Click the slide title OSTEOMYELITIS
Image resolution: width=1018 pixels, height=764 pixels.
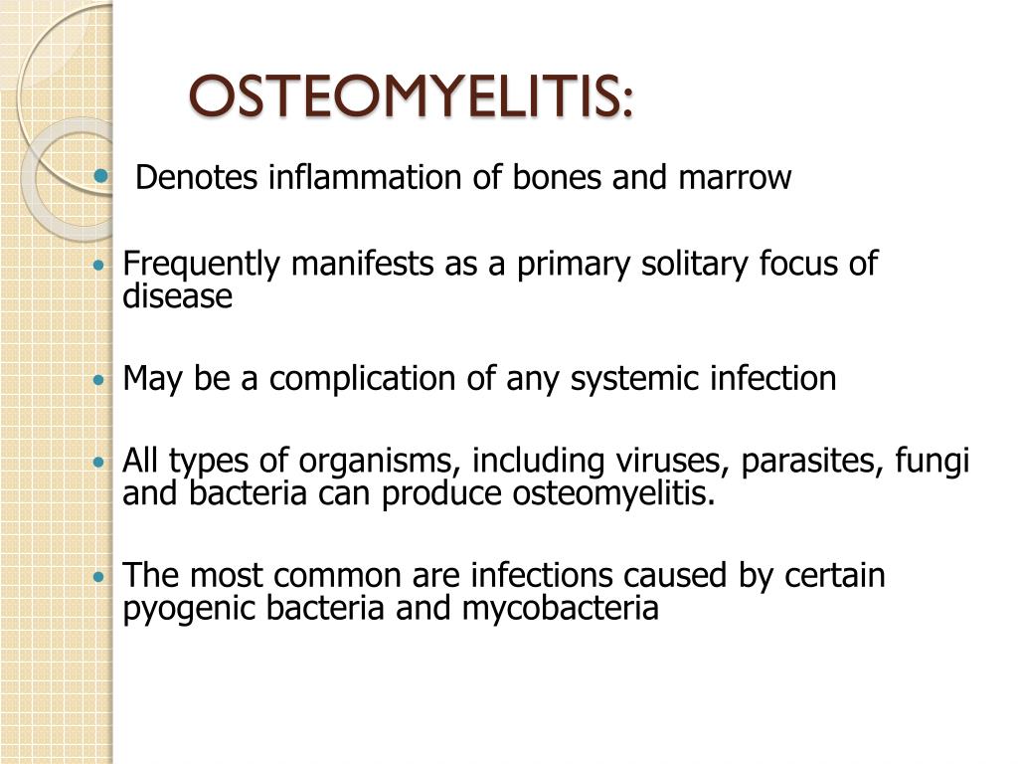(410, 97)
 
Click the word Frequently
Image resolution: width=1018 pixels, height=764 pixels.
(198, 265)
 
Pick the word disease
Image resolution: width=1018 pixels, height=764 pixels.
(177, 296)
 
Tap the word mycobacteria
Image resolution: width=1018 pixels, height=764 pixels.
(560, 609)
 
